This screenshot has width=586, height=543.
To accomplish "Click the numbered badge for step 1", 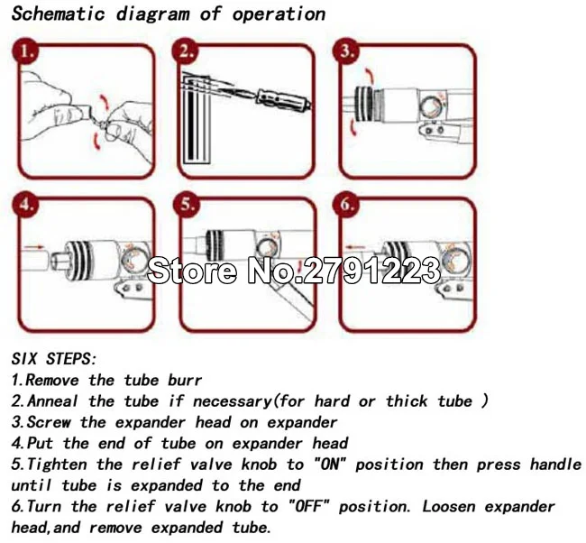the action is pyautogui.click(x=24, y=51).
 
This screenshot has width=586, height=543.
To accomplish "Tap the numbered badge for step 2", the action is pyautogui.click(x=185, y=51).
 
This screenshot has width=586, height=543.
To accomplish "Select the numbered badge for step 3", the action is pyautogui.click(x=345, y=51).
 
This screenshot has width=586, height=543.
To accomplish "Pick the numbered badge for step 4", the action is pyautogui.click(x=24, y=204).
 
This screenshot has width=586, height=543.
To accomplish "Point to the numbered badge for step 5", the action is pyautogui.click(x=186, y=204).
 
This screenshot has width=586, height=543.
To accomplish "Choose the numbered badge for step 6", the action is pyautogui.click(x=345, y=204).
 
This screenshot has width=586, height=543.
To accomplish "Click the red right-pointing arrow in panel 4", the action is pyautogui.click(x=33, y=247).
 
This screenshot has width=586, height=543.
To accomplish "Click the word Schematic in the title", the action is pyautogui.click(x=58, y=14).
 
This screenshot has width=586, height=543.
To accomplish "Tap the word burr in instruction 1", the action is pyautogui.click(x=185, y=380).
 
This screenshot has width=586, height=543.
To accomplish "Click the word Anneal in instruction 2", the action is pyautogui.click(x=52, y=400).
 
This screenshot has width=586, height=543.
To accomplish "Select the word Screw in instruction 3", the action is pyautogui.click(x=49, y=422).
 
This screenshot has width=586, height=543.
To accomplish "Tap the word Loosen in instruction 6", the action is pyautogui.click(x=448, y=506).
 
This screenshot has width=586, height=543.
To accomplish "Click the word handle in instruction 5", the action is pyautogui.click(x=555, y=465).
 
